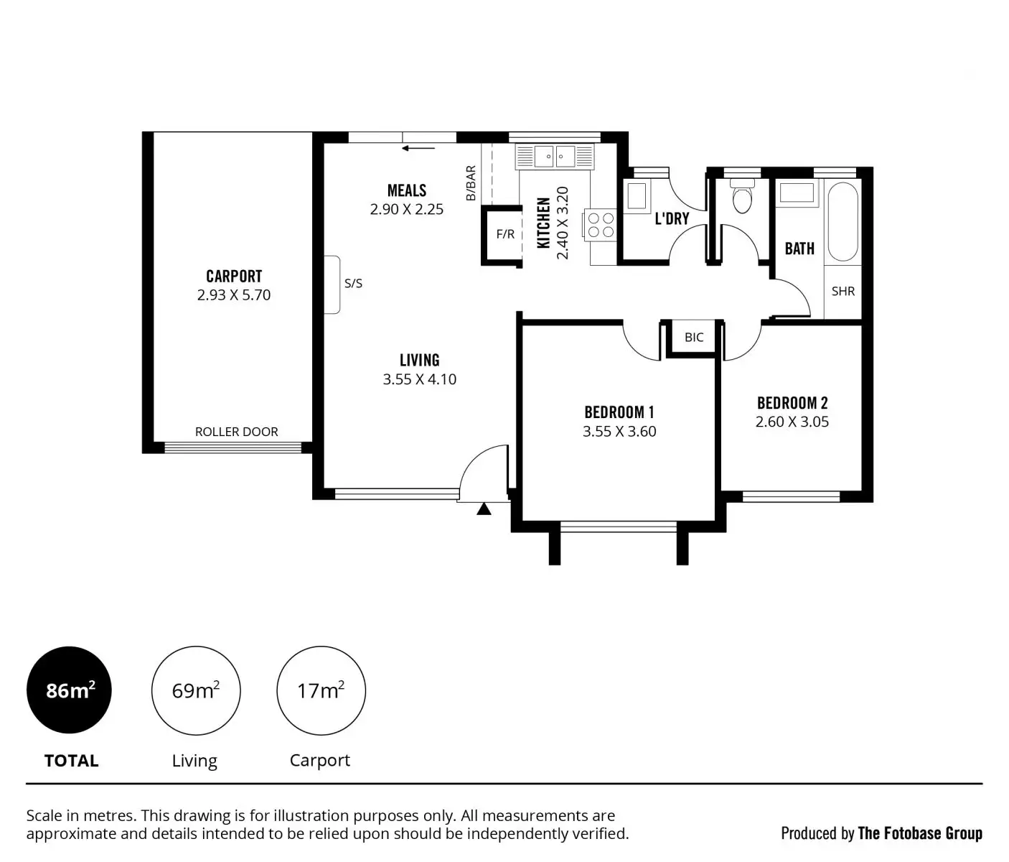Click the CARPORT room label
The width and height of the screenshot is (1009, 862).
[x=234, y=277]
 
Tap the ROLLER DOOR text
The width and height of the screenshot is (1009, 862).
[x=236, y=432]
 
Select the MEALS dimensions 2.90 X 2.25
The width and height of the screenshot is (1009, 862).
[x=406, y=210]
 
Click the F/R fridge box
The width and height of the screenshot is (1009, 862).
[x=505, y=234]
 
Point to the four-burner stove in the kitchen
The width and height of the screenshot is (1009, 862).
[x=601, y=223]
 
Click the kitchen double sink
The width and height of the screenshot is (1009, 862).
[x=555, y=156]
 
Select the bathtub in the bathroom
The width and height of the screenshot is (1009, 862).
[x=843, y=222]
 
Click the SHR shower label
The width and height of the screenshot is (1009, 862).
[x=843, y=292]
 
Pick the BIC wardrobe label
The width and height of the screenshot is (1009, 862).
[x=694, y=338]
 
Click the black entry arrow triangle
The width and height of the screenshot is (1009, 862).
[x=484, y=509]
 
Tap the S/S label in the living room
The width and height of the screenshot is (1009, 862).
[x=353, y=284]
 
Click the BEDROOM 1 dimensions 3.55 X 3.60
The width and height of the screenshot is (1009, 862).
[x=619, y=432]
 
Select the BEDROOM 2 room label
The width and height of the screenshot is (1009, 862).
[x=792, y=403]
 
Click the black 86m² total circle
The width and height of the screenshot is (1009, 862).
[x=70, y=690]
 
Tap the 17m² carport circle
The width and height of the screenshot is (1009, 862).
[x=321, y=690]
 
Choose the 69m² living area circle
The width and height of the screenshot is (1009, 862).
[x=195, y=690]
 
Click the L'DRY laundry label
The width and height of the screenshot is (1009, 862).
[x=672, y=218]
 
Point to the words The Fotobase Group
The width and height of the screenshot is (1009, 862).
[x=920, y=833]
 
